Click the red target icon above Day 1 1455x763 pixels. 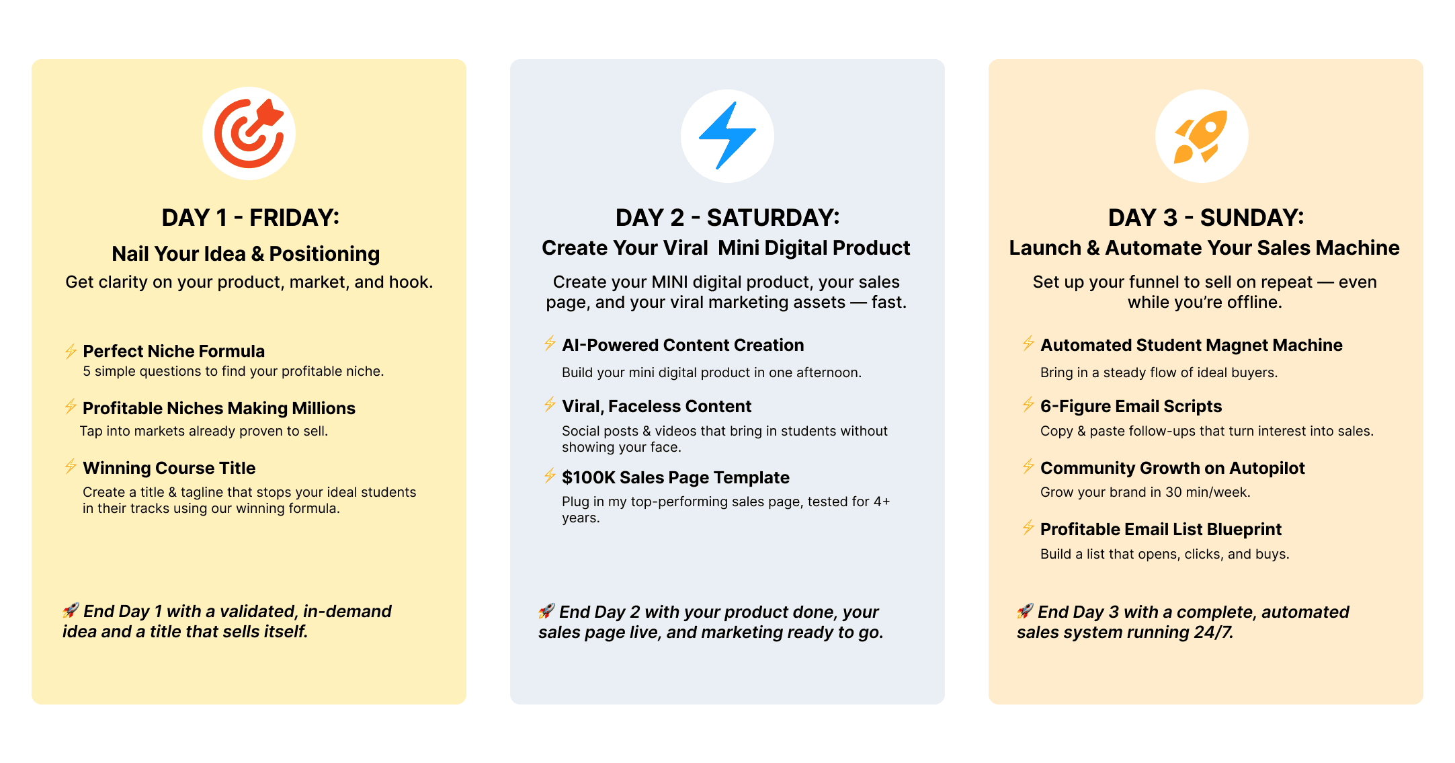tap(249, 133)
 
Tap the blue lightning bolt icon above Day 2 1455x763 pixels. tap(727, 135)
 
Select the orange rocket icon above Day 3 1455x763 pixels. tap(1201, 136)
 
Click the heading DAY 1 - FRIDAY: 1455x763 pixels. tap(251, 218)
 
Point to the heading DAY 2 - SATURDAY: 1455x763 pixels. tap(728, 218)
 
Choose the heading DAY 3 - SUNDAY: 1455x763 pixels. tap(1206, 218)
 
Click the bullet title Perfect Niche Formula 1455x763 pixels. tap(173, 351)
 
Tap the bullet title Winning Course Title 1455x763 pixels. tap(169, 468)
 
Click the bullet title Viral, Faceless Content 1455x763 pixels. tap(657, 406)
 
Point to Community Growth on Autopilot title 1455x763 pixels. tap(1173, 468)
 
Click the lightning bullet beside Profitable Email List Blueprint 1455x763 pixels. tap(1028, 527)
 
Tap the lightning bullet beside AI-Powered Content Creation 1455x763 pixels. tap(550, 343)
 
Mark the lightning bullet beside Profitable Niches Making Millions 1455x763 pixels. tap(71, 406)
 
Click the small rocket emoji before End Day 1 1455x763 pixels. tap(71, 610)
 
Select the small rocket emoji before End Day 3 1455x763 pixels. tap(1025, 611)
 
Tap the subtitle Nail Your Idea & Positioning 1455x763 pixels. tap(246, 254)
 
